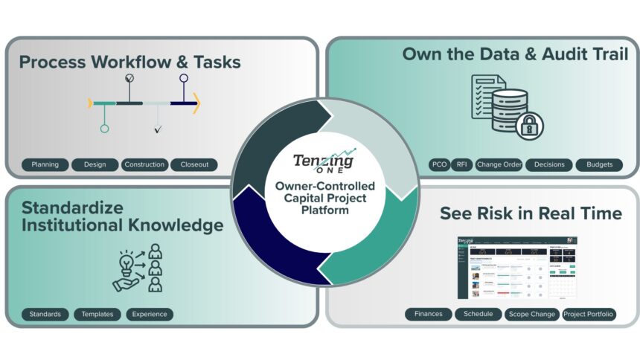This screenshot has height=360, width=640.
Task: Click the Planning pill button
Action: tap(45, 164)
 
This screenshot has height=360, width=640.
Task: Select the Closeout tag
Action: tap(194, 164)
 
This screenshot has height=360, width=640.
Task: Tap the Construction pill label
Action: tap(144, 164)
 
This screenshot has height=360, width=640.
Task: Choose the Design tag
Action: tap(95, 164)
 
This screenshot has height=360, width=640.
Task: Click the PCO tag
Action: tap(439, 164)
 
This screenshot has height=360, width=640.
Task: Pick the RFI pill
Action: tap(461, 164)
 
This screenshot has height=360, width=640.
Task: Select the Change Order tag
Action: tap(499, 164)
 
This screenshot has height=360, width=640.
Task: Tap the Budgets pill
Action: tap(599, 164)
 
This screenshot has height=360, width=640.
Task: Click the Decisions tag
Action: tap(549, 164)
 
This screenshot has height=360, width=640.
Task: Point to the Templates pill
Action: tap(97, 314)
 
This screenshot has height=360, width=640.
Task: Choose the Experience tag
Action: tap(150, 314)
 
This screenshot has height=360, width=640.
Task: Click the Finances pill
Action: tap(428, 314)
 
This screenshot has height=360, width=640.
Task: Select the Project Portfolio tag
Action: tap(589, 314)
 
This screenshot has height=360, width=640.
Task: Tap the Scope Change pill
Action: tap(531, 314)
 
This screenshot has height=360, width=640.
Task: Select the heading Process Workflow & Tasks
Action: tap(129, 62)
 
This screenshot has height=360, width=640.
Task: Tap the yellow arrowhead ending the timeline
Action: tap(196, 103)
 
